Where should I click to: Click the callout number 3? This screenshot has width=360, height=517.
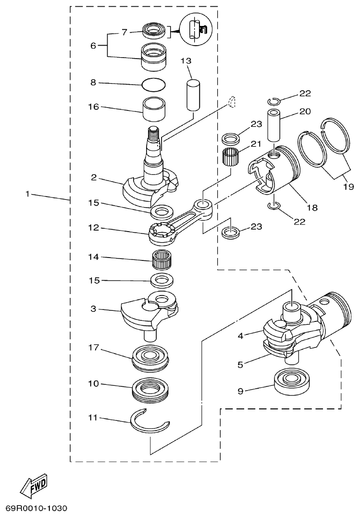point(93,309)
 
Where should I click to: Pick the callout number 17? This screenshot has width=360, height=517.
point(93,347)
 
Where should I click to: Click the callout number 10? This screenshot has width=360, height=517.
point(93,384)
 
